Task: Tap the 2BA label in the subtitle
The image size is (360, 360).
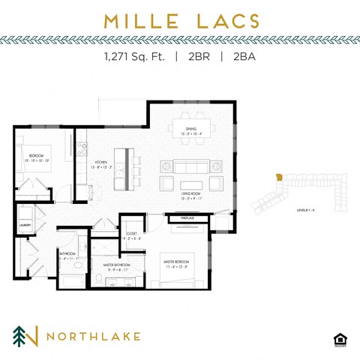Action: pyautogui.click(x=241, y=56)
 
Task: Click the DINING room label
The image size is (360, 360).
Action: pyautogui.click(x=190, y=129)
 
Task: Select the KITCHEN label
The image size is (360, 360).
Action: pyautogui.click(x=100, y=163)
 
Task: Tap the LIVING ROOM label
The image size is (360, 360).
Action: pyautogui.click(x=190, y=193)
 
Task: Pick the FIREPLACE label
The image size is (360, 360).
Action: pyautogui.click(x=187, y=217)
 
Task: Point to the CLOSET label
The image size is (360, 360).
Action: pyautogui.click(x=130, y=233)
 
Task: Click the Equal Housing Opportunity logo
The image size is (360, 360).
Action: pyautogui.click(x=339, y=339)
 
